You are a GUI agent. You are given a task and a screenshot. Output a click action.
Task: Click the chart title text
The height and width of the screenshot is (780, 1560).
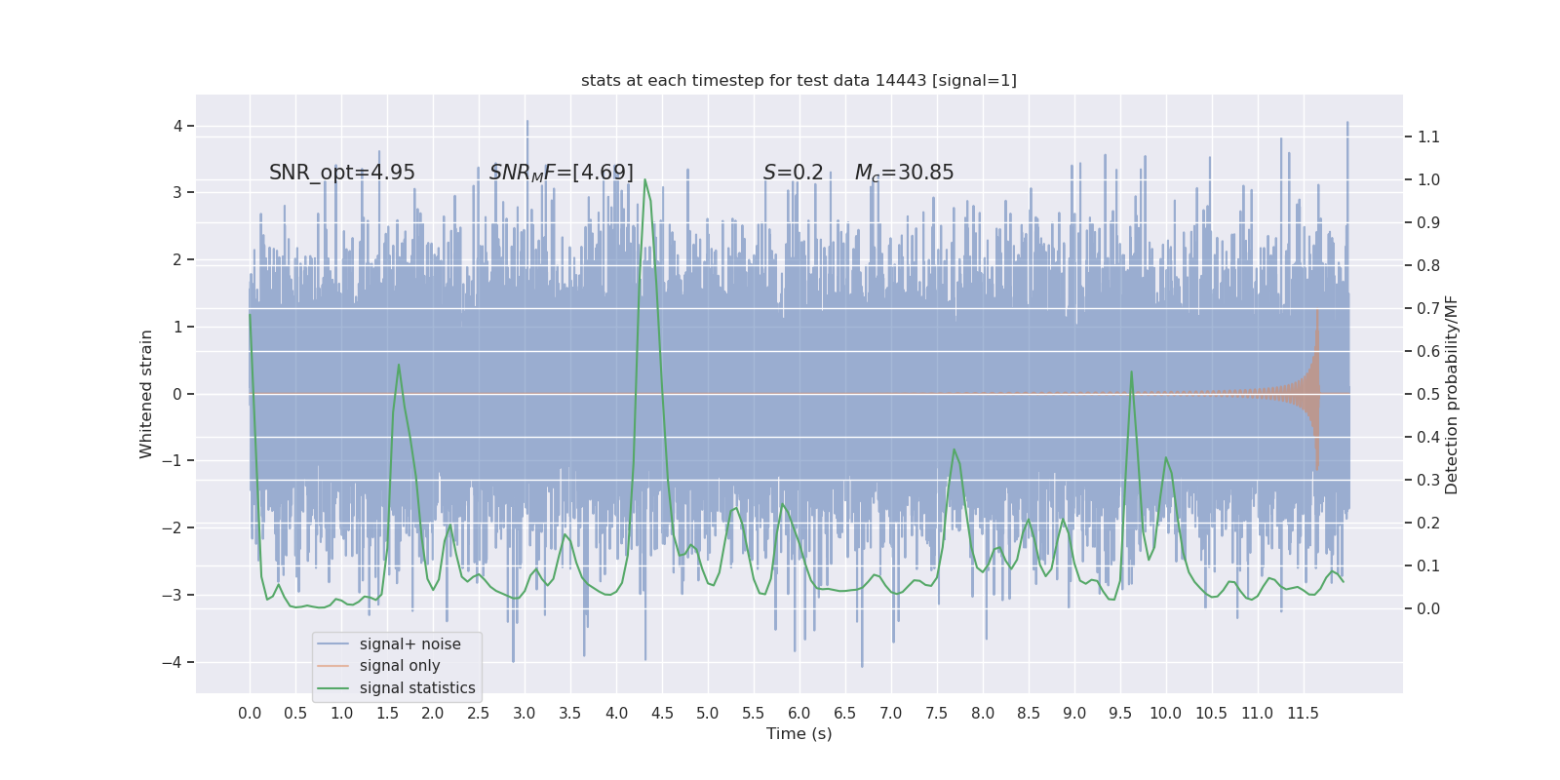tap(799, 80)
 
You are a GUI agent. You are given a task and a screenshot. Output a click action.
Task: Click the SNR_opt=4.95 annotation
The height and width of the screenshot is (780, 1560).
tap(342, 173)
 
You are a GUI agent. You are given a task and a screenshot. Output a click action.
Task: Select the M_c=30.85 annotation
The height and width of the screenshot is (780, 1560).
tap(904, 173)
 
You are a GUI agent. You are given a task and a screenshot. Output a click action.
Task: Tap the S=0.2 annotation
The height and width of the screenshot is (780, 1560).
tap(793, 173)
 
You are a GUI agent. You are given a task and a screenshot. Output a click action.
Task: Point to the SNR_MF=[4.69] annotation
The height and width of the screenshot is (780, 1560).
tap(562, 173)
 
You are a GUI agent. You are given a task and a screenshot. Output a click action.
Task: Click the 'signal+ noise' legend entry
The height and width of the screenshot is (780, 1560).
tap(409, 643)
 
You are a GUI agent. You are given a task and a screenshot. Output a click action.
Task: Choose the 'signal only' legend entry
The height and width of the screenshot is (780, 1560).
tap(400, 666)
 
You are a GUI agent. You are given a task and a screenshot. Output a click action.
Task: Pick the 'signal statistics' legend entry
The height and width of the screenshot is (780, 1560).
tap(417, 688)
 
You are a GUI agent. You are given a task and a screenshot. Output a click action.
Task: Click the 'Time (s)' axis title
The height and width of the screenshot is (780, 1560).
tap(799, 733)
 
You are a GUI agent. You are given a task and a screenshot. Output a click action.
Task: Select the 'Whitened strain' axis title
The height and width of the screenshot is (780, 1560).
tap(146, 394)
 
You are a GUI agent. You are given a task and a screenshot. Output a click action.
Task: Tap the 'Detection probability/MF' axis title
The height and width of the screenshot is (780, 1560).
tap(1452, 394)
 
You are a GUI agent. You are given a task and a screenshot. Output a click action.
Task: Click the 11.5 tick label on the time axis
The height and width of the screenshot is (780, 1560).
tap(1303, 713)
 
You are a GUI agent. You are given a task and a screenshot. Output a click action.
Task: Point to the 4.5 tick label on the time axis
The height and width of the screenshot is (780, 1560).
tap(662, 713)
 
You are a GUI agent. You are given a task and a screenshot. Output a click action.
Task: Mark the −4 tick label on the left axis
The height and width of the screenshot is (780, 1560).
tap(177, 662)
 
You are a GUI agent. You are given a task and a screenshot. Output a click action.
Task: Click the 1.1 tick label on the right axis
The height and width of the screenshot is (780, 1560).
tap(1428, 136)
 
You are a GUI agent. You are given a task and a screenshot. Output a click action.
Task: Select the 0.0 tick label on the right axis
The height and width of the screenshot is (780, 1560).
tap(1428, 608)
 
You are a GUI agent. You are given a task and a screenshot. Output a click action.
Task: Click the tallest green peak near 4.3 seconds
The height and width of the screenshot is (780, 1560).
tap(644, 180)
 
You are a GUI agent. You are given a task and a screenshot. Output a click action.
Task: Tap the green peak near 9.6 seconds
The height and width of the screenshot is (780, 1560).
tap(1131, 371)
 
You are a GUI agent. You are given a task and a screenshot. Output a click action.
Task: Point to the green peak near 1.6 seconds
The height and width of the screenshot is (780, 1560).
tap(399, 366)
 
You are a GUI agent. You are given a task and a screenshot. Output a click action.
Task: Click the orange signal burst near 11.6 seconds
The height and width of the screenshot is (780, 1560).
tap(1316, 390)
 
